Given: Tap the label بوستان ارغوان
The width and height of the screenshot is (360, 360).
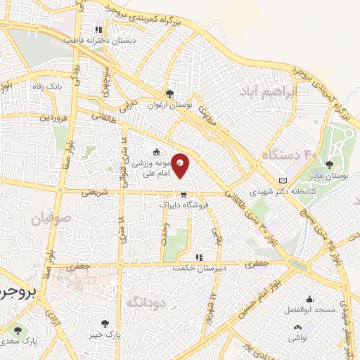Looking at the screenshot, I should click(x=169, y=104).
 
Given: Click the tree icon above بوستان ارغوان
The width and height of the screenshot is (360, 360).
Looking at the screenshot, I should click(x=169, y=93).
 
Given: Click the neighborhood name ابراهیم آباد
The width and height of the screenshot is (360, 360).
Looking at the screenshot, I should click(x=269, y=92).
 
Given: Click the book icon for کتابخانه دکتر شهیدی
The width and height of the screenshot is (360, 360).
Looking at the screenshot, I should click(x=283, y=180).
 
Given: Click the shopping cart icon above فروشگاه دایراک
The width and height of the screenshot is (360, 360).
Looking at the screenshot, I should click(x=183, y=195).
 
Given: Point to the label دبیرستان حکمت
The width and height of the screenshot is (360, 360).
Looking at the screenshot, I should click(x=199, y=267).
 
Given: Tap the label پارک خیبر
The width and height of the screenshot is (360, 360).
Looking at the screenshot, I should click(x=105, y=335).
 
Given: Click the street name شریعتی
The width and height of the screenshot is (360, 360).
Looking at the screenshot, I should click(x=98, y=191).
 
